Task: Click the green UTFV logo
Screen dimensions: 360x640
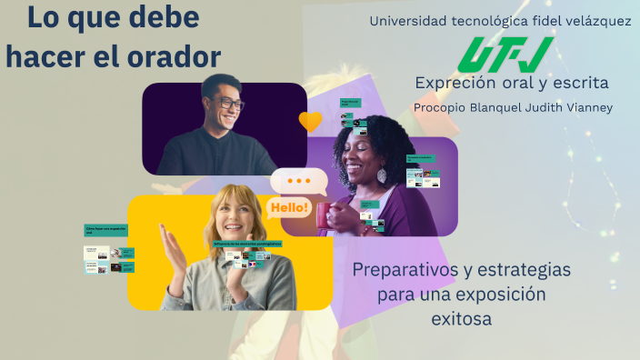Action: point(505,55)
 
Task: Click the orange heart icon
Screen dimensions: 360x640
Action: point(310,121)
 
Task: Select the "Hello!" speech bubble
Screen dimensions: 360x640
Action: point(288,208)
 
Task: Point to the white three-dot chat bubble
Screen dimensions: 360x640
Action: point(298,181)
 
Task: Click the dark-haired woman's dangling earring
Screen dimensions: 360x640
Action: point(382,175)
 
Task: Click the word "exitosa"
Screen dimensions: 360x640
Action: point(460,319)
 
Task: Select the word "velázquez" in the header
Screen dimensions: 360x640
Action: point(596,21)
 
